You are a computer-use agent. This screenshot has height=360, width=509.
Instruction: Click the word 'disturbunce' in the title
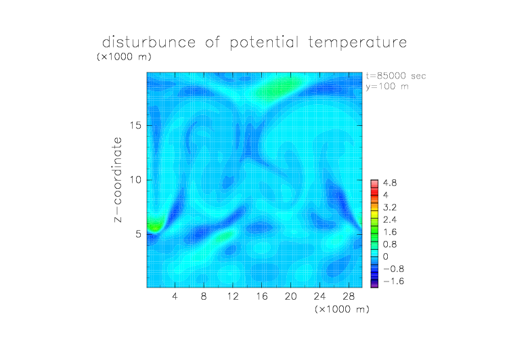[149, 42]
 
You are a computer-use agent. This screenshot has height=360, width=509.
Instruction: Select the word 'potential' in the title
[264, 43]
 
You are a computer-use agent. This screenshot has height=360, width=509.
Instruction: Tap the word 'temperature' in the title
[357, 43]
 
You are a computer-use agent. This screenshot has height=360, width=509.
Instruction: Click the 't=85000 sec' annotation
[396, 76]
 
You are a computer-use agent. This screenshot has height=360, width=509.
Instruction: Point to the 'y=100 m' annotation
[387, 87]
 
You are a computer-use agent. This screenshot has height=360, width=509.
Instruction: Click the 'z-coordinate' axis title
[118, 179]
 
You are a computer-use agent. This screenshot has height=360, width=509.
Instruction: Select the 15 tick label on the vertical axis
[135, 125]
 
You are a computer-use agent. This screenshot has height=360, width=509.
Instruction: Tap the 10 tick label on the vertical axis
[135, 180]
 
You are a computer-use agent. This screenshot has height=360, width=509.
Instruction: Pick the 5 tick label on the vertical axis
[139, 234]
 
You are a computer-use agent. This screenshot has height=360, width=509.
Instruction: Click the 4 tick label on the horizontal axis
[175, 296]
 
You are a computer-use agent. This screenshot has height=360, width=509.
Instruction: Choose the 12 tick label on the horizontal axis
[233, 296]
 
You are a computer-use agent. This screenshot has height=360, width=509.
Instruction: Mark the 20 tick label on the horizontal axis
[290, 296]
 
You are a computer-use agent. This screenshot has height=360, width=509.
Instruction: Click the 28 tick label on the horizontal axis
[349, 296]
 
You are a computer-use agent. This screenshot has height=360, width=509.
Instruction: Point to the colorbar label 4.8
[390, 183]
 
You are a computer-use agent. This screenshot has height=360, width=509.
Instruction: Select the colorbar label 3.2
[390, 208]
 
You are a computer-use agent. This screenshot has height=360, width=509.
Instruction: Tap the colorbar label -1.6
[393, 281]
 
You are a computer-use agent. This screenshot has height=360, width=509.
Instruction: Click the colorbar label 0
[386, 256]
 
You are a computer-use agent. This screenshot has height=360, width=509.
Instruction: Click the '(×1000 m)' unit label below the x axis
[342, 309]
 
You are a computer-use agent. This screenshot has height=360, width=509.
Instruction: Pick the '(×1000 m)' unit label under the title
[124, 57]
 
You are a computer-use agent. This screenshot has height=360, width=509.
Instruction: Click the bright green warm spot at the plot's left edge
[154, 225]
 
